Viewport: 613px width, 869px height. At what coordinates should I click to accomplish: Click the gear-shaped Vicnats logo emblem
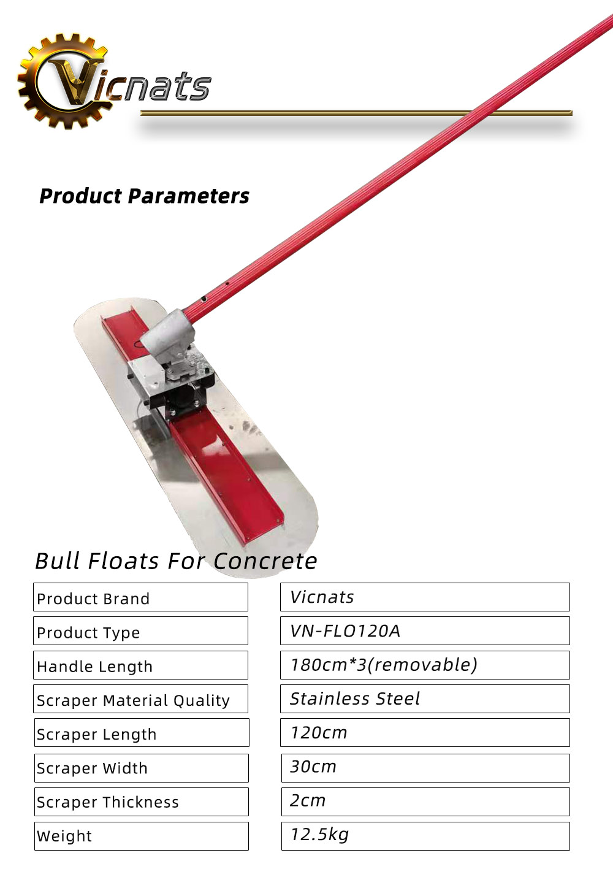pos(63,81)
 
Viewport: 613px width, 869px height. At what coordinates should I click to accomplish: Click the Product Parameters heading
pos(144,196)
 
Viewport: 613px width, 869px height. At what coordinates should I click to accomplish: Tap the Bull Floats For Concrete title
pos(176,561)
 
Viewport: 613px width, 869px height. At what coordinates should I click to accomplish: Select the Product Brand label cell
pos(140,597)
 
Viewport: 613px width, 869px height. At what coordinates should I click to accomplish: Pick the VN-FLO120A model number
pos(345,631)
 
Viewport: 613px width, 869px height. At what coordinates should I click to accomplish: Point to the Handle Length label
pos(94,667)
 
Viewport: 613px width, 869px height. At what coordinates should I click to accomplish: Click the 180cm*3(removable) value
pos(384,665)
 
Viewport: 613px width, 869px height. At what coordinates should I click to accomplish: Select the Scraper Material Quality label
pos(133,700)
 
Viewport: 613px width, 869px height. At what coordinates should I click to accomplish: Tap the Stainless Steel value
pos(355,699)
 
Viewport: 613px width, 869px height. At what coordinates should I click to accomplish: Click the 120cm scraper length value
pos(319,732)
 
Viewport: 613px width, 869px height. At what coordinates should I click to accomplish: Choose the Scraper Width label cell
pos(142,768)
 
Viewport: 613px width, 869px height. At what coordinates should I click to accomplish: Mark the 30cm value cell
pos(425,768)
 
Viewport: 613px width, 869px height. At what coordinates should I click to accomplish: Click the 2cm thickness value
pos(308,800)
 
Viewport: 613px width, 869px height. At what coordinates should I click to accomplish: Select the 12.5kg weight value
pos(319,835)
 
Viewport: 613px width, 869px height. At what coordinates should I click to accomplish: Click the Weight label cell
pos(142,836)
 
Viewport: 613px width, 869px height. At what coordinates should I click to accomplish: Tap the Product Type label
pos(88,633)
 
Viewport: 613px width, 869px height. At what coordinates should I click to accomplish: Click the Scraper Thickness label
pos(108,802)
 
